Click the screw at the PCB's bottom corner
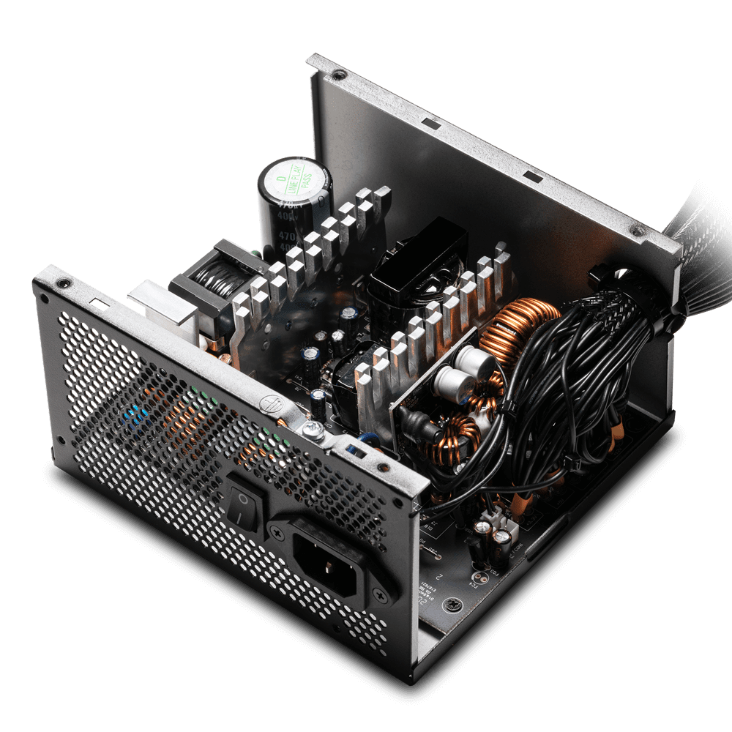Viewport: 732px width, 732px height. (456, 605)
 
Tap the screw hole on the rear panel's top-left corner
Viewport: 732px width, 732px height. (64, 283)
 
